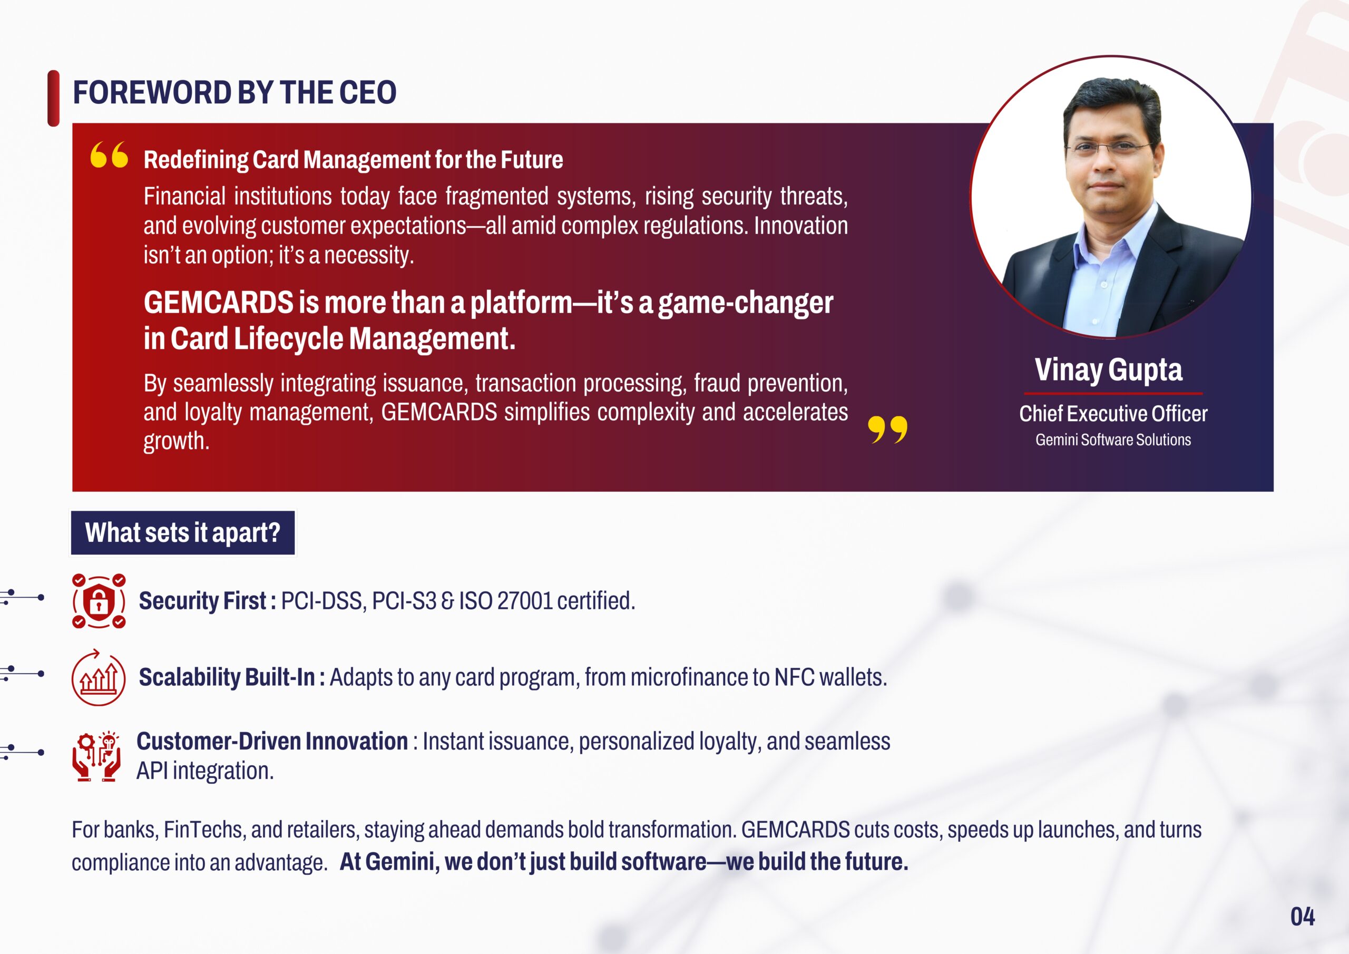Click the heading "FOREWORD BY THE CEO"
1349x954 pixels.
pos(234,93)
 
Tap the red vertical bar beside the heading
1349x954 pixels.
pos(53,98)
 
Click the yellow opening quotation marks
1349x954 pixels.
pos(109,154)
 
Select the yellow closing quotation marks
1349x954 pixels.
pos(887,430)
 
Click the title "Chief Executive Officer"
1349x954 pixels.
pos(1113,414)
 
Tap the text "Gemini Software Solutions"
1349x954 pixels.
pos(1113,440)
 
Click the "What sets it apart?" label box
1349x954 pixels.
pos(183,532)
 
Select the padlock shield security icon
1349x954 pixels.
pos(99,601)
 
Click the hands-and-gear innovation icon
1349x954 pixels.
pos(97,756)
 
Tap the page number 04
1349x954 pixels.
pos(1303,917)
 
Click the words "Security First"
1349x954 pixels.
pos(202,601)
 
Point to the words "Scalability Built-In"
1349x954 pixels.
pos(227,677)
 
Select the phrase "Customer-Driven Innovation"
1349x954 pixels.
pos(272,741)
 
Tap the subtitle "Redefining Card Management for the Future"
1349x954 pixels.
pos(353,160)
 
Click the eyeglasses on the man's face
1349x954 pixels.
pos(1108,147)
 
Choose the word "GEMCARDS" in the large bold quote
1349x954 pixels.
pos(219,303)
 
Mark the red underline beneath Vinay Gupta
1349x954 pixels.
pos(1113,393)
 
